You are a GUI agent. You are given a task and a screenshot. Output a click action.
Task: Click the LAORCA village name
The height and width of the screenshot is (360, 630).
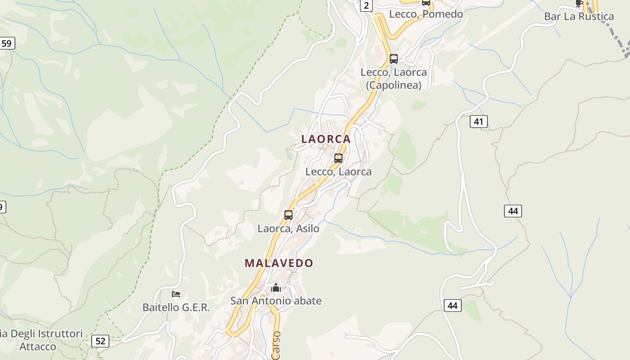pos(326,139)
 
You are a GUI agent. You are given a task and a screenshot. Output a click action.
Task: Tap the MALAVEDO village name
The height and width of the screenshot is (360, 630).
pos(279,263)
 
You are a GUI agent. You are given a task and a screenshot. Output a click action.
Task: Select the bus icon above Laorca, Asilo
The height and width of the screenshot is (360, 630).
pos(288,215)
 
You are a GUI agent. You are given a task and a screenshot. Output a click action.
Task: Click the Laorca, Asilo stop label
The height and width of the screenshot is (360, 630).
pos(288,229)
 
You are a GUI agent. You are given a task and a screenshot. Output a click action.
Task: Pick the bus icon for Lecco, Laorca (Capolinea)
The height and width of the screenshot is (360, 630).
pos(394,58)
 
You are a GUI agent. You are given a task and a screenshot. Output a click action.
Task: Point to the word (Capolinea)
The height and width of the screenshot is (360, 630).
pos(393,85)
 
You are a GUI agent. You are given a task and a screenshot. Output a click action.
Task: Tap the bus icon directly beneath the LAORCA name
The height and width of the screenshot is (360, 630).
pos(338,158)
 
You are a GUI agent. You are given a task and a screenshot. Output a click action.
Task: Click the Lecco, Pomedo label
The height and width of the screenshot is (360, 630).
pos(426,14)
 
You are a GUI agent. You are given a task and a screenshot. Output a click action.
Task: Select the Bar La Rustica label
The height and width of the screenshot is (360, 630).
pos(579,17)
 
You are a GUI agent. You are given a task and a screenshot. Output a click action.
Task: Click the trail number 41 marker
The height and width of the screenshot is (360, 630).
pos(478,121)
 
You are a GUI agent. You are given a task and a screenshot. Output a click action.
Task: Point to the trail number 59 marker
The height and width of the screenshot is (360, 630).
pos(7,44)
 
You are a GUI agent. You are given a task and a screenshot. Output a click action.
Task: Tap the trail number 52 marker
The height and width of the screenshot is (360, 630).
pos(100,341)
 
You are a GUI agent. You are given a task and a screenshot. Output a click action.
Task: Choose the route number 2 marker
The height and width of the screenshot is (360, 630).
pos(366,5)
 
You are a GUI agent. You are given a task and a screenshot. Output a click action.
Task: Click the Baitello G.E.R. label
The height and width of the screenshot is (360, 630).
pos(176,307)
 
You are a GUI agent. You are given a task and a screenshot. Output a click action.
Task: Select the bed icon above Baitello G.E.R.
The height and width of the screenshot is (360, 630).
pos(176,294)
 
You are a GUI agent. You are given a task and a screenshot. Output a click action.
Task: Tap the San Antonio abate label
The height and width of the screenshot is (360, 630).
pos(276,301)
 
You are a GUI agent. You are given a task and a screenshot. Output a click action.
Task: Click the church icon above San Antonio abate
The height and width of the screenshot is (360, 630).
pos(275,288)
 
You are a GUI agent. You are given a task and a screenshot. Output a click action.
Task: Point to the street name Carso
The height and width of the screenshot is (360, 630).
pos(276,346)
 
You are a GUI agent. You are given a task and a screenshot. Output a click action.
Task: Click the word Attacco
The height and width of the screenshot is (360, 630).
pos(38,346)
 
